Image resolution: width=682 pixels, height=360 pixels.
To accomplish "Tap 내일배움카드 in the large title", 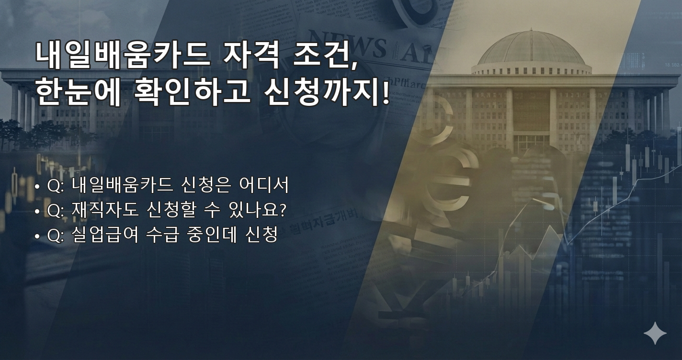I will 122,56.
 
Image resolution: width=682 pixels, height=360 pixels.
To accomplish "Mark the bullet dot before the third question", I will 37,236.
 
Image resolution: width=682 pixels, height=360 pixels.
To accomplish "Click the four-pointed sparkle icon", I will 655,333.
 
